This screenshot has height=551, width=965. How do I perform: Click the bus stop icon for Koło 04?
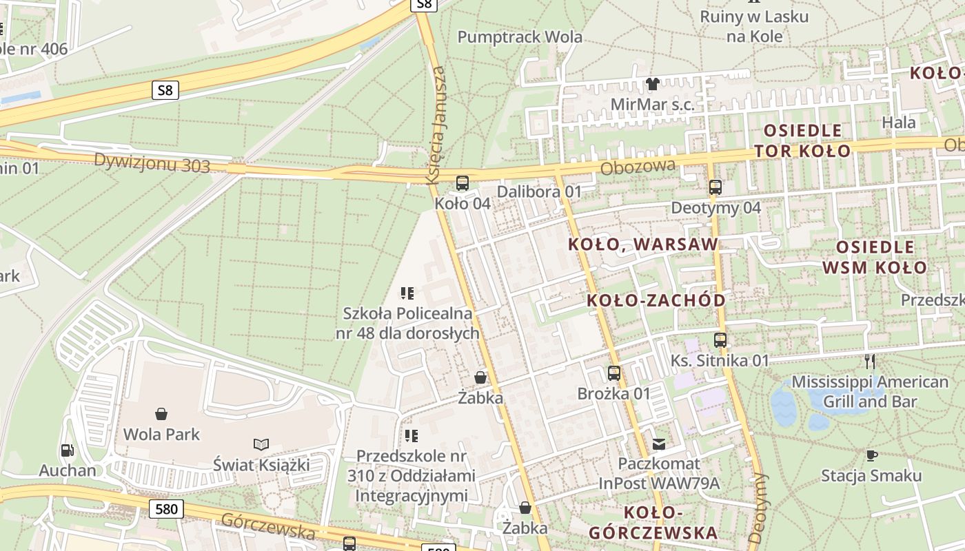pyautogui.click(x=463, y=183)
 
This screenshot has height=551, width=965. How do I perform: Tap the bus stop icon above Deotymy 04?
pyautogui.click(x=715, y=187)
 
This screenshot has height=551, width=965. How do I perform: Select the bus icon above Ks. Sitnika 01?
pyautogui.click(x=720, y=340)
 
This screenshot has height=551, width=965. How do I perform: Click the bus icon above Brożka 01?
pyautogui.click(x=614, y=373)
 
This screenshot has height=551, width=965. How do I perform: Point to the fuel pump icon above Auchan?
pyautogui.click(x=67, y=450)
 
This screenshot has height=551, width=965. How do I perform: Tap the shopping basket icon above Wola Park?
pyautogui.click(x=161, y=414)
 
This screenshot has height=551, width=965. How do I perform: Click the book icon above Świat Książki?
pyautogui.click(x=261, y=444)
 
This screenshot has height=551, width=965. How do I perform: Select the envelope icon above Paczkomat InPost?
pyautogui.click(x=659, y=444)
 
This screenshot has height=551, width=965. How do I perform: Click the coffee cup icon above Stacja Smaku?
pyautogui.click(x=871, y=455)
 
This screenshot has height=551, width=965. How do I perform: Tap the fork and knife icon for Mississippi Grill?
pyautogui.click(x=870, y=361)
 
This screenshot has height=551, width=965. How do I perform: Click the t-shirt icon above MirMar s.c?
pyautogui.click(x=652, y=84)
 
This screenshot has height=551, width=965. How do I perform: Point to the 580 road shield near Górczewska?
pyautogui.click(x=166, y=510)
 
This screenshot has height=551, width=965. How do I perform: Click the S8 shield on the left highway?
pyautogui.click(x=165, y=90)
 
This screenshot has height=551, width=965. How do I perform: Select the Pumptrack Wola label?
pyautogui.click(x=520, y=37)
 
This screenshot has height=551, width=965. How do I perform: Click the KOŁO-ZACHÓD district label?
pyautogui.click(x=656, y=300)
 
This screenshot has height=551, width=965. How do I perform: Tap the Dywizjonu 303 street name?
pyautogui.click(x=152, y=163)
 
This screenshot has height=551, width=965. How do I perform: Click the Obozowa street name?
pyautogui.click(x=638, y=167)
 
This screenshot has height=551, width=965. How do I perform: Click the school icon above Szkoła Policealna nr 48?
pyautogui.click(x=407, y=294)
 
